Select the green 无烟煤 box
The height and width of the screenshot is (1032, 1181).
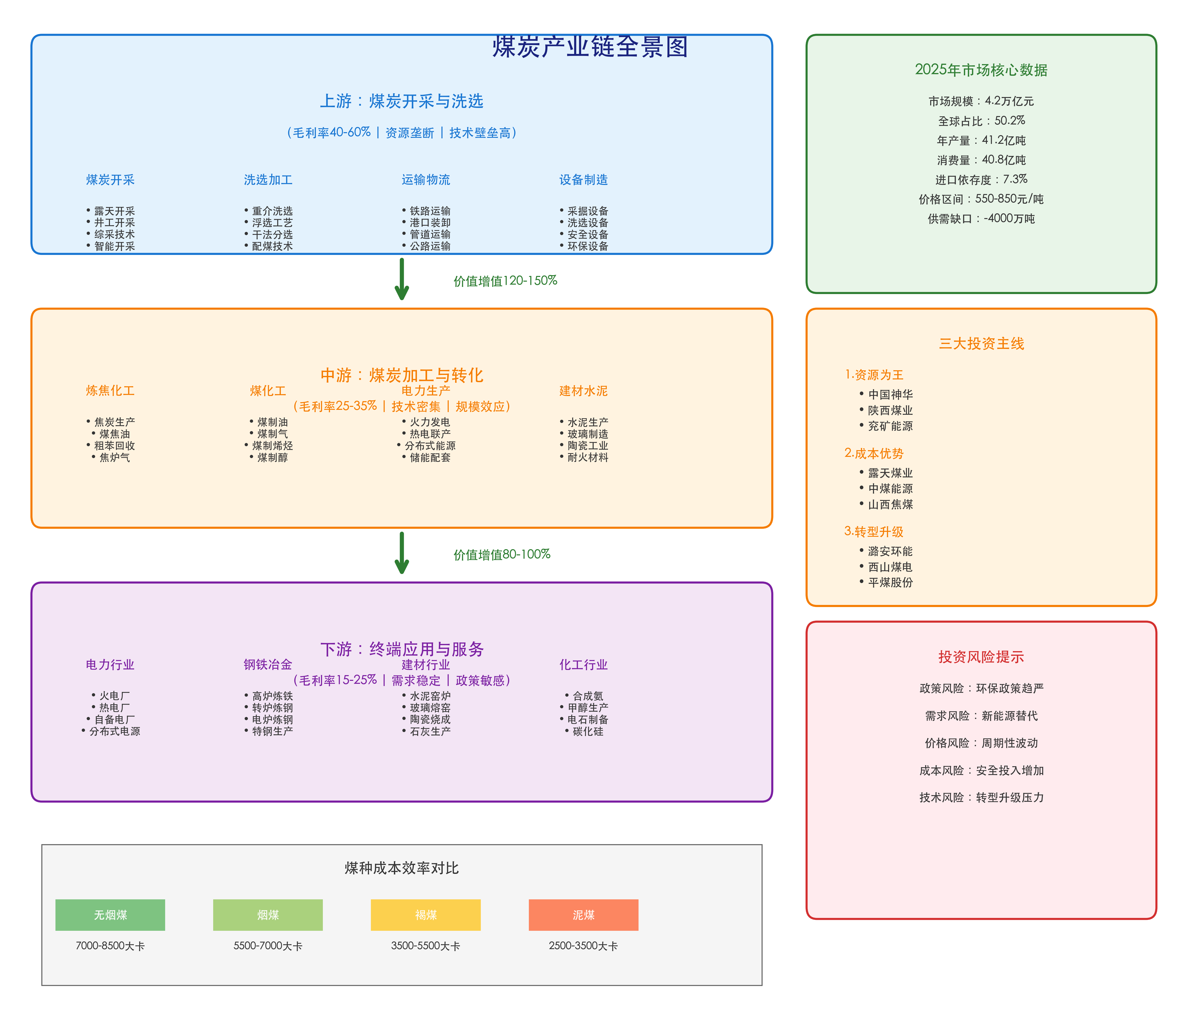[x=110, y=914]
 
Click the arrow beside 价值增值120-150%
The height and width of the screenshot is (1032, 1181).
[x=402, y=280]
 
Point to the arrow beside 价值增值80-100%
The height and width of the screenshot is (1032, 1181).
[x=402, y=553]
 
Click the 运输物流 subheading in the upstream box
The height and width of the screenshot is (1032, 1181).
[x=426, y=180]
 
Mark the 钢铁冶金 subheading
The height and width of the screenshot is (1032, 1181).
[x=268, y=664]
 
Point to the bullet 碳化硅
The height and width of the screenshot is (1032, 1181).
[x=588, y=731]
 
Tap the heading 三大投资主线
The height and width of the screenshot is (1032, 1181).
[x=981, y=344]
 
